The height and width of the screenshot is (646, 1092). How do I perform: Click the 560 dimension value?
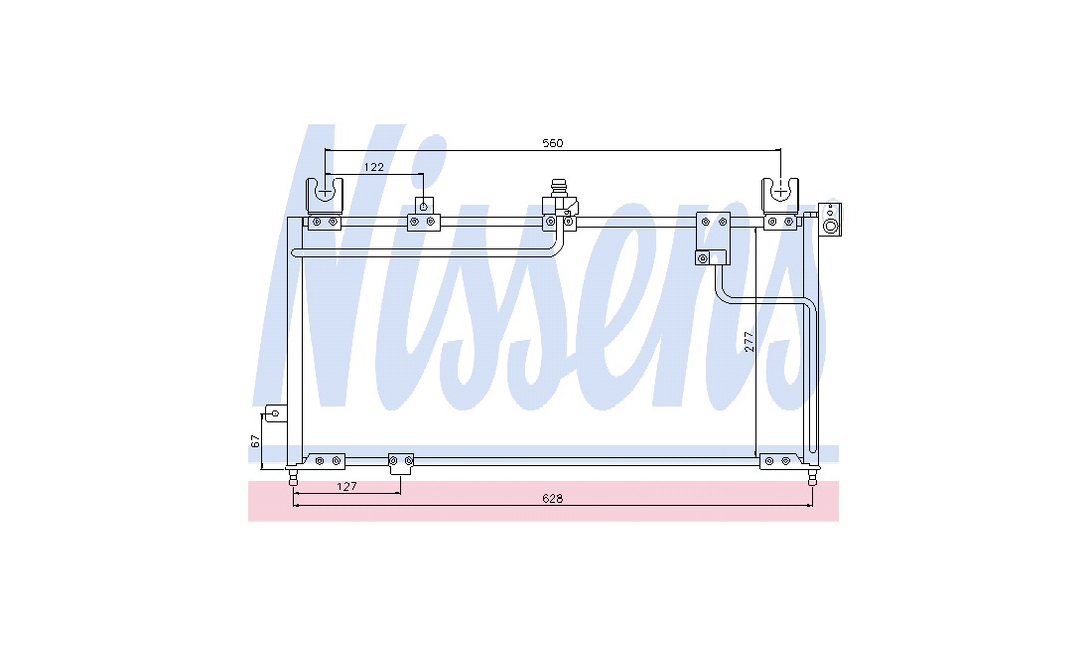(552, 143)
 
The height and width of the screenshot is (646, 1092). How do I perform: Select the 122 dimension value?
(374, 167)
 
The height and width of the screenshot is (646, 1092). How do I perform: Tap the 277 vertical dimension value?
(749, 341)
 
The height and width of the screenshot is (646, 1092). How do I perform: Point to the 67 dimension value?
(255, 440)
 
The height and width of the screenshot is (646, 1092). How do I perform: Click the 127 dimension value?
(346, 486)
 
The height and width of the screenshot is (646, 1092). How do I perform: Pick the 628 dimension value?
(552, 498)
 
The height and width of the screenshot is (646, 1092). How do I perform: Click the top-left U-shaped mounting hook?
(326, 197)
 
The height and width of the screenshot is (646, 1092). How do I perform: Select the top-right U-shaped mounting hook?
(780, 197)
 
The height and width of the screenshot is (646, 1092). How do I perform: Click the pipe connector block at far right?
(830, 219)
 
